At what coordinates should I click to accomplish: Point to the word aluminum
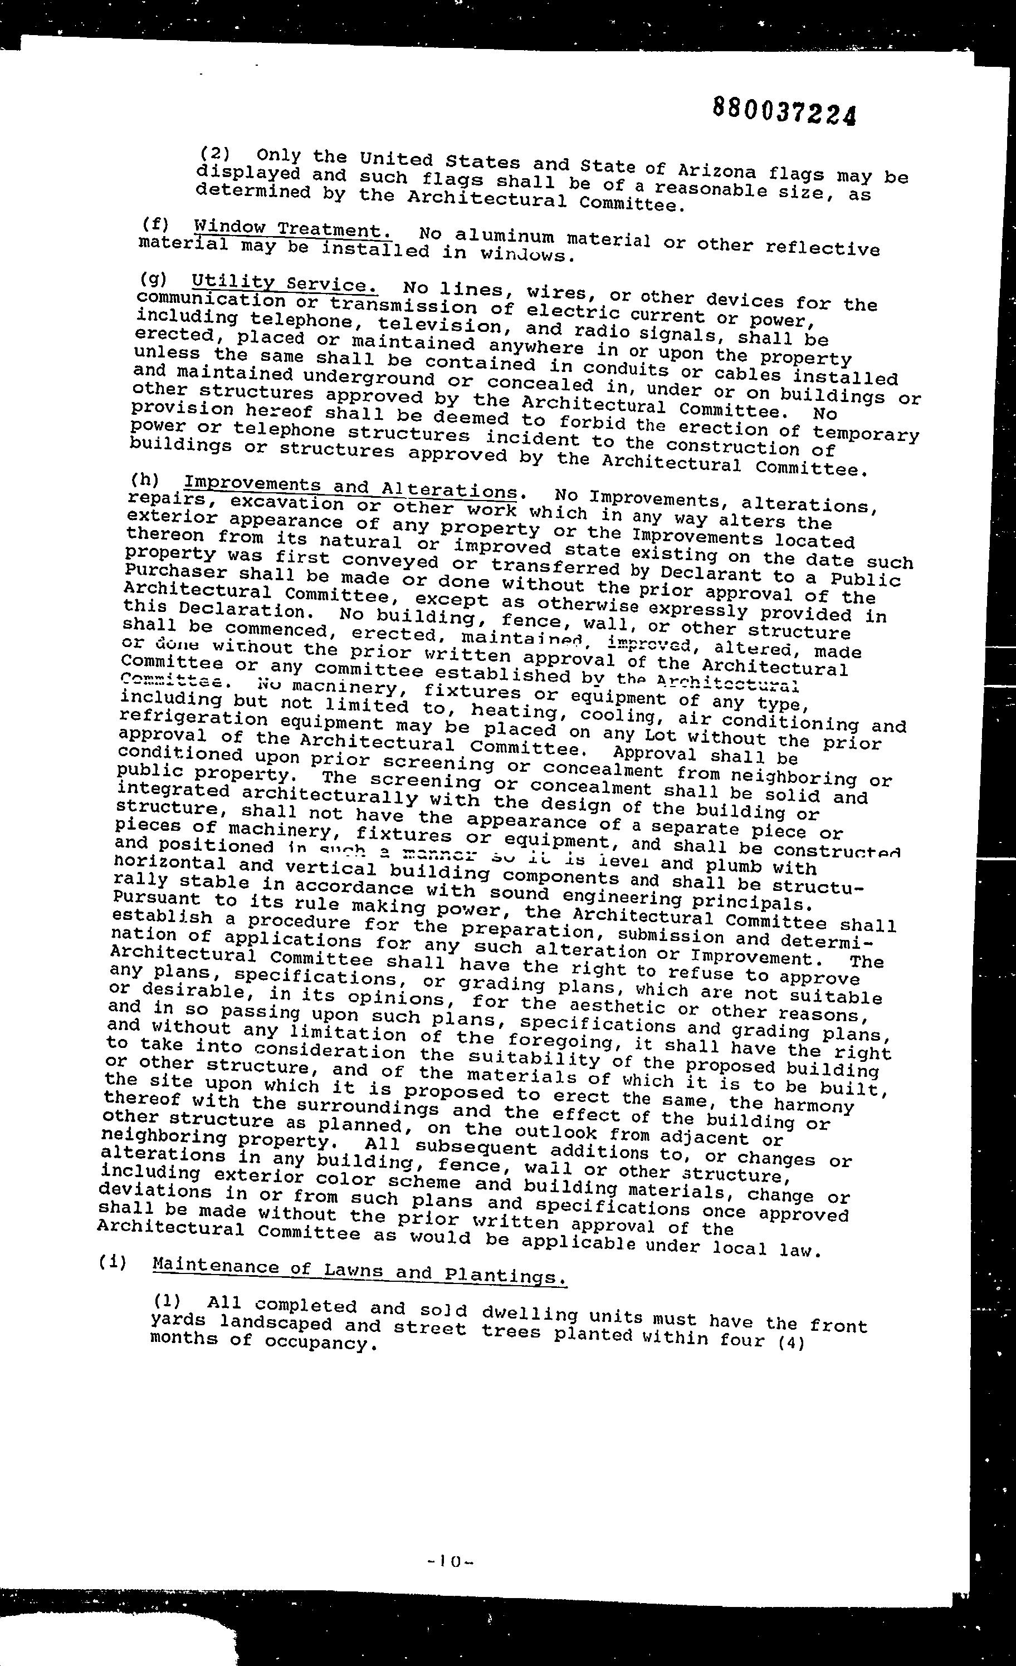(x=504, y=236)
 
